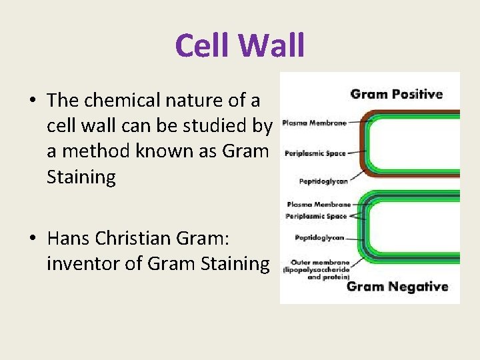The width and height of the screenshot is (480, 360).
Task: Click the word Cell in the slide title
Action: click(202, 46)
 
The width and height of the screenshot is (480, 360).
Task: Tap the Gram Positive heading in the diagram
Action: click(397, 94)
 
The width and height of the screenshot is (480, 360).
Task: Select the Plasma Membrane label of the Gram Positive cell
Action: click(315, 123)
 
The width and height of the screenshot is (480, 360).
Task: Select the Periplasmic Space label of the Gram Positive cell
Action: click(315, 153)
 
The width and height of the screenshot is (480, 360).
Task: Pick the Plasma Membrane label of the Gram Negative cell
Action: click(318, 205)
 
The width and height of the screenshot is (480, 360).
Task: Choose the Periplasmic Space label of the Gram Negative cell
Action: click(317, 216)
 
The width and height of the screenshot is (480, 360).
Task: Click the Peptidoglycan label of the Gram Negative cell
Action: click(319, 237)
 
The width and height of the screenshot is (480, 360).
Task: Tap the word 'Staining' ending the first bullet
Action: click(81, 177)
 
